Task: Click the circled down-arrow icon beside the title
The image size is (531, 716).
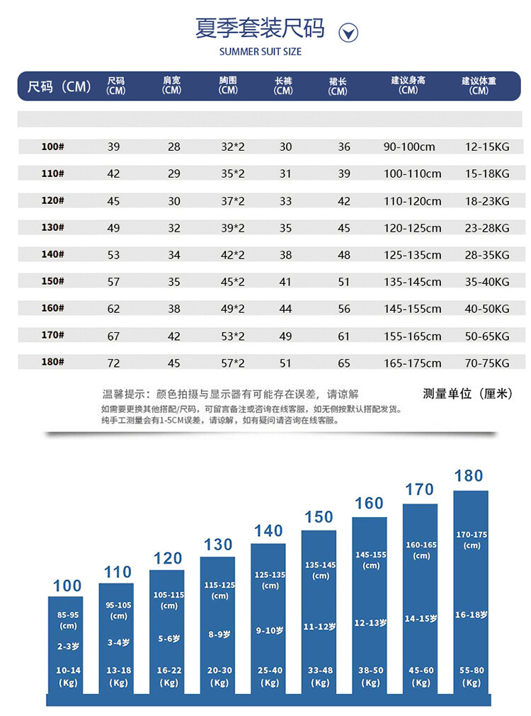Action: click(349, 33)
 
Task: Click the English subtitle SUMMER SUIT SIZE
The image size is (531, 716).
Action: click(260, 52)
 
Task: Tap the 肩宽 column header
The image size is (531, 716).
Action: click(171, 86)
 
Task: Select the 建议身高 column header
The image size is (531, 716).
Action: click(408, 86)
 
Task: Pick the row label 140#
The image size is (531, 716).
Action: click(53, 254)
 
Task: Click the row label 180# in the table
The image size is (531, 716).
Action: click(53, 363)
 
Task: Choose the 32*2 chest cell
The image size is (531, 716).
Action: click(232, 147)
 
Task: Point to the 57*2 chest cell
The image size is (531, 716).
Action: click(232, 363)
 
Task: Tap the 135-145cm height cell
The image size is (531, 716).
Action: click(412, 282)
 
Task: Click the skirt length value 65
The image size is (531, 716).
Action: click(344, 363)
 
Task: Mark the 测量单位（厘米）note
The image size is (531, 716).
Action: click(467, 394)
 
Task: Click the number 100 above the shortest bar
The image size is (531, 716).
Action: click(67, 586)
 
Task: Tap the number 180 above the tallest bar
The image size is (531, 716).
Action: click(469, 476)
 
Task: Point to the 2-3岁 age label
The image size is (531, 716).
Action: click(68, 646)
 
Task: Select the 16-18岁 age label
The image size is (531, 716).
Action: click(471, 615)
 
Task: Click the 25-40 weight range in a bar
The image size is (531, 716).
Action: click(270, 670)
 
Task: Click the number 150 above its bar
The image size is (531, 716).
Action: click(319, 517)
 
